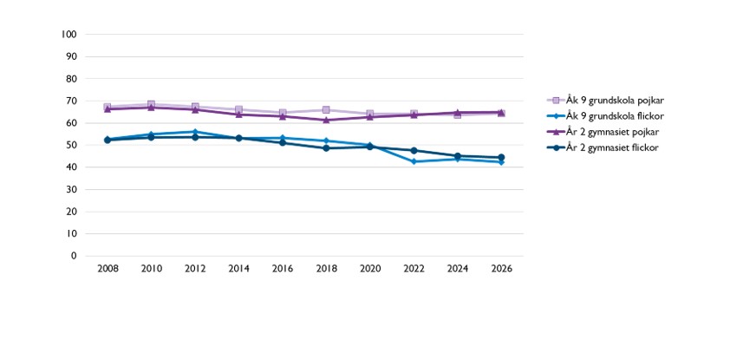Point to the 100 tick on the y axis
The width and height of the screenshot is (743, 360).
[x=69, y=35]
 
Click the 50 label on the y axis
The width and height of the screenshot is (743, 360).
[x=72, y=145]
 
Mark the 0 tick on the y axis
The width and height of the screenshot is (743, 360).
[x=74, y=256]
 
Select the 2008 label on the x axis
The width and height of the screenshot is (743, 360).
[x=108, y=269]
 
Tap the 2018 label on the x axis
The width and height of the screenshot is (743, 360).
[x=327, y=269]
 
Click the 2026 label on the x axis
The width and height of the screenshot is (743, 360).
[x=501, y=269]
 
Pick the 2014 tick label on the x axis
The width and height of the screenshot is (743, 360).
[x=239, y=269]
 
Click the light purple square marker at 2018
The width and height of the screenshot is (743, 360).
[x=327, y=110]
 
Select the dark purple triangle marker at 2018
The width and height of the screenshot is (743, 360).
[x=327, y=120]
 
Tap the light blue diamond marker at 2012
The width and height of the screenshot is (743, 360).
[x=195, y=131]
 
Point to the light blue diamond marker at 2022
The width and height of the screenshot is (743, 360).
[x=414, y=161]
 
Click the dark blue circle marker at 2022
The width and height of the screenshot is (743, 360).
[x=414, y=151]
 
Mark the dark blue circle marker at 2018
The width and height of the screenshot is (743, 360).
[x=327, y=148]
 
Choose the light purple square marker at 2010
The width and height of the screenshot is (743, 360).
[x=151, y=104]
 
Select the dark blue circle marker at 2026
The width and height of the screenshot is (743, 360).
[x=501, y=158]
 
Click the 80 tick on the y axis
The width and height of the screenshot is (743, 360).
[x=72, y=79]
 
